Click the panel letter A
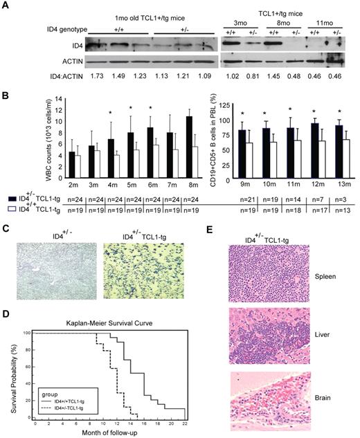pos(6,6)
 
